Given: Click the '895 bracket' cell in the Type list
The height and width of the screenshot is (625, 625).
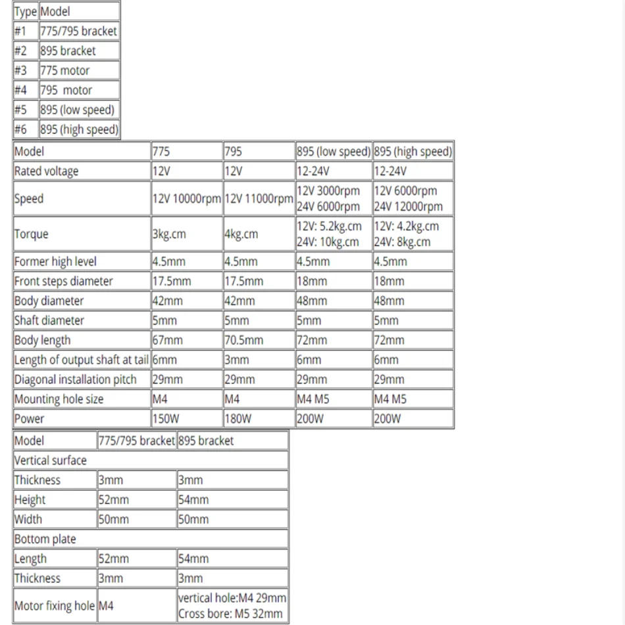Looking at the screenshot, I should [x=68, y=51].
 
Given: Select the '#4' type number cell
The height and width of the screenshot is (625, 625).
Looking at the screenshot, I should [x=20, y=90].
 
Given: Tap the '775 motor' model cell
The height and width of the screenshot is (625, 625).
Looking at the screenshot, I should [x=64, y=70].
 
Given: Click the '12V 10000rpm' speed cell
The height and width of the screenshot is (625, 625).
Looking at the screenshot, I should [x=187, y=199].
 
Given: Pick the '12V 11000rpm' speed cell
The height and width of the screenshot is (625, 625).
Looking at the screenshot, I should [x=259, y=199].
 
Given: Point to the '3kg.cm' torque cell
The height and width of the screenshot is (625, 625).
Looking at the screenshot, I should [x=169, y=234].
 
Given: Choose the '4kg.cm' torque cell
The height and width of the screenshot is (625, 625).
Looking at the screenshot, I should [x=241, y=234].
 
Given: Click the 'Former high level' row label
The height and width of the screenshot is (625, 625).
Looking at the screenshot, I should [x=55, y=261].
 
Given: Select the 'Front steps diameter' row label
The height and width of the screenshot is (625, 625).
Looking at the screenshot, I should [x=63, y=281].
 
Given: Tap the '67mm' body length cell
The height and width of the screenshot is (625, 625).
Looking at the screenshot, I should [x=168, y=340].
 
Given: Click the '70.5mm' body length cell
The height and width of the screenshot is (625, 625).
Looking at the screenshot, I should [x=243, y=340].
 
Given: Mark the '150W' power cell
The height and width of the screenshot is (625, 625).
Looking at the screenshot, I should [x=167, y=418].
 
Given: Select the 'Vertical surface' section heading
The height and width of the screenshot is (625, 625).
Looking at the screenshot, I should [x=50, y=460].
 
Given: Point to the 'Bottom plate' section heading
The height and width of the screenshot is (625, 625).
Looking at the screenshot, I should [x=45, y=539].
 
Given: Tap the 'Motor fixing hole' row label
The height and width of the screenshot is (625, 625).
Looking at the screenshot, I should [x=55, y=606].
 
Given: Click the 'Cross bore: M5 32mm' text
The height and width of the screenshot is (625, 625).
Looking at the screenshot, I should [x=230, y=614].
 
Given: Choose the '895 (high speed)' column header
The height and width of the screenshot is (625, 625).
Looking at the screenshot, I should [x=413, y=151].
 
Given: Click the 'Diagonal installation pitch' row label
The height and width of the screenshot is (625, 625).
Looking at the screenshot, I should [x=75, y=380].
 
